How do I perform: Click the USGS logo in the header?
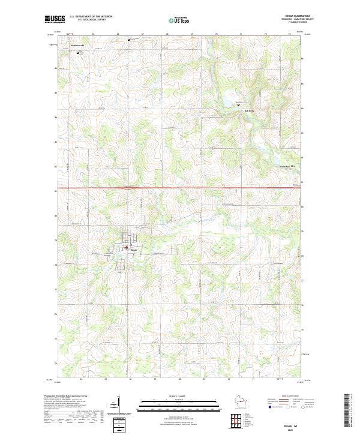[x=55, y=19]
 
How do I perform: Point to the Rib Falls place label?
[x=248, y=111]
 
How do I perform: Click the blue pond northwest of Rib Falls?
[x=229, y=106]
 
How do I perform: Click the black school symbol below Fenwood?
[x=78, y=52]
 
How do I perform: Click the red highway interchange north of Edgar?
[x=129, y=188]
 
